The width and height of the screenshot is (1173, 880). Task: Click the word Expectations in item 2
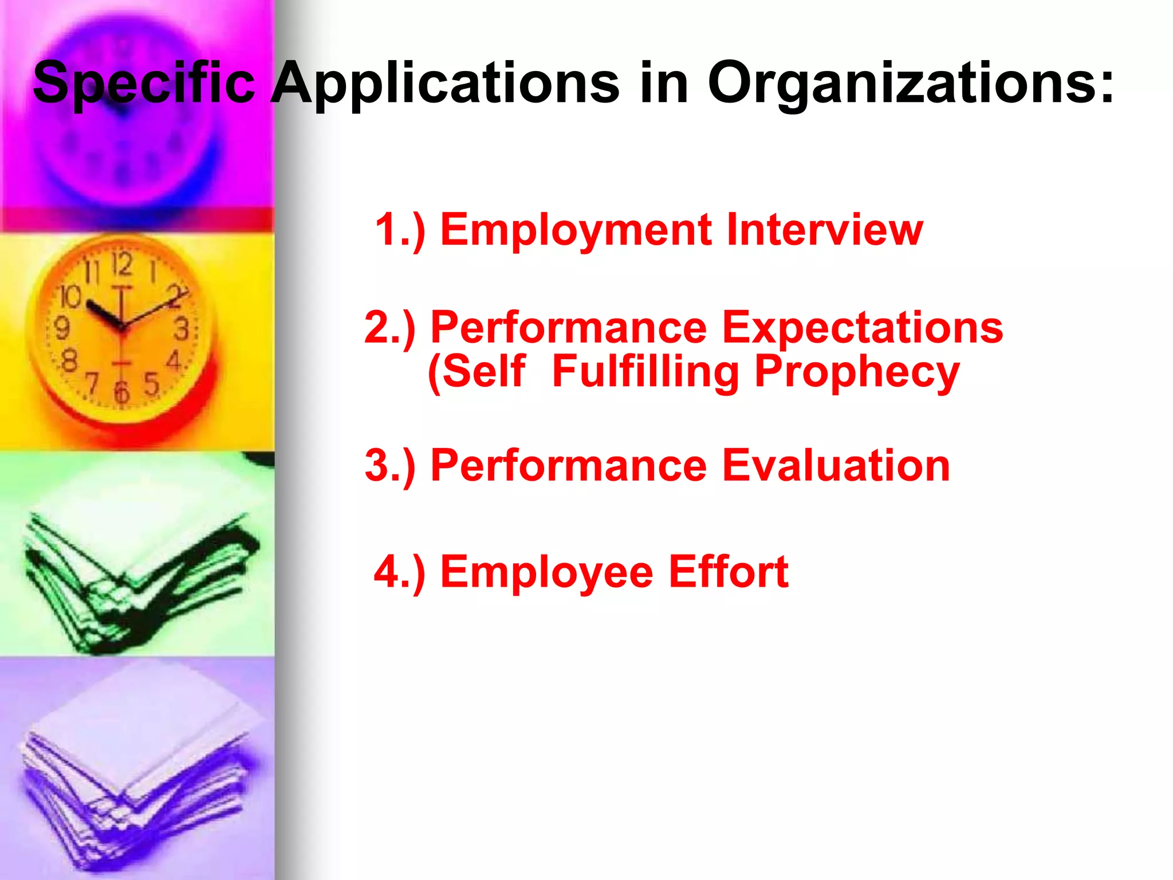click(x=862, y=328)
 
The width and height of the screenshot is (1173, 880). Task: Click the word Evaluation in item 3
click(x=836, y=465)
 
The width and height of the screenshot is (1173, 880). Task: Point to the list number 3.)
click(x=389, y=466)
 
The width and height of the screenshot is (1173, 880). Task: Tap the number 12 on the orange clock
click(x=121, y=264)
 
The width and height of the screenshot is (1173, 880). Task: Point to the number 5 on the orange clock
click(x=151, y=384)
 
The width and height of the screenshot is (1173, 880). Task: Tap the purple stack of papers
click(x=137, y=779)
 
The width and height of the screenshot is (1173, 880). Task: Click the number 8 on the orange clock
click(x=69, y=361)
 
